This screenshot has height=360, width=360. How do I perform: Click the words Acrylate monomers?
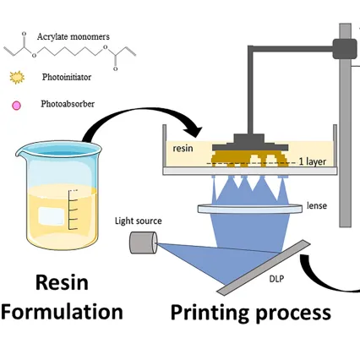(x=74, y=36)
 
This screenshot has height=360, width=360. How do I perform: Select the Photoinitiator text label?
(x=68, y=76)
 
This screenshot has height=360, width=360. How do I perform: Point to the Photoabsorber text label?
(x=68, y=106)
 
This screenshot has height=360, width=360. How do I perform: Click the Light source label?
(x=139, y=221)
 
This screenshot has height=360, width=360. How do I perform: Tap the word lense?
(x=319, y=205)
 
